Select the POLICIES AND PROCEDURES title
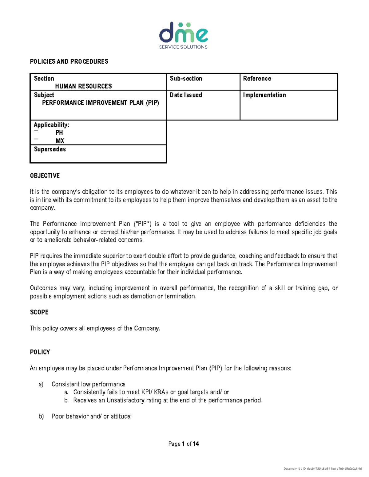click(69, 61)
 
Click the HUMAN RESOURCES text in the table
click(83, 86)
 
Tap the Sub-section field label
click(186, 79)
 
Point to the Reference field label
click(257, 79)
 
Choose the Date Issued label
click(186, 95)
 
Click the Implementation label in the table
click(264, 95)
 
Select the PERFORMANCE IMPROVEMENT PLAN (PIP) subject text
click(101, 103)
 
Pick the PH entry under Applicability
click(59, 133)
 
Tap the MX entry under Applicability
click(60, 141)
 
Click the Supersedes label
click(50, 149)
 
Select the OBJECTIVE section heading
click(45, 176)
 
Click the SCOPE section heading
click(39, 312)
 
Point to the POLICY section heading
click(40, 352)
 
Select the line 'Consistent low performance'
click(88, 384)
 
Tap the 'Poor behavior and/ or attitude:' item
click(91, 416)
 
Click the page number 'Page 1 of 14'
click(184, 444)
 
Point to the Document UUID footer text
click(323, 469)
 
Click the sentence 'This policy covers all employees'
click(95, 328)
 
